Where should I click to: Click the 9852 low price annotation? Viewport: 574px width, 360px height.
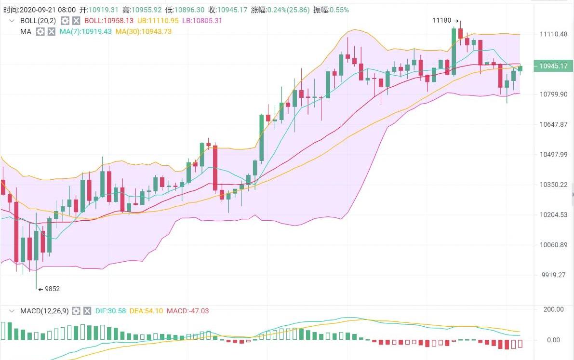tap(52, 289)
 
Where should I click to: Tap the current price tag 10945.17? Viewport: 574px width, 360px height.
tap(553, 66)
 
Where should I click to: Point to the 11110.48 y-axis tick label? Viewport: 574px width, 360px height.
tap(554, 34)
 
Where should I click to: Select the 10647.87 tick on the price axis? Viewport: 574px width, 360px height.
tap(554, 124)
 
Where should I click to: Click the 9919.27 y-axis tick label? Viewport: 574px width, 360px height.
tap(554, 275)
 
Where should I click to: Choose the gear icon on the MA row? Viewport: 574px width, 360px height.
tap(40, 31)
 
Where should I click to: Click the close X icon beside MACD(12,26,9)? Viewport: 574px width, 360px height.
tap(87, 311)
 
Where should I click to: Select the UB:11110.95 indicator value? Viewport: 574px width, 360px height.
tap(158, 21)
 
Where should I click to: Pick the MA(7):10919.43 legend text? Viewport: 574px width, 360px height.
tap(86, 31)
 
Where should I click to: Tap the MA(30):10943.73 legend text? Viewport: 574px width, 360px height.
tap(144, 31)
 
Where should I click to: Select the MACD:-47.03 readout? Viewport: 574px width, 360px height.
tap(187, 311)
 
